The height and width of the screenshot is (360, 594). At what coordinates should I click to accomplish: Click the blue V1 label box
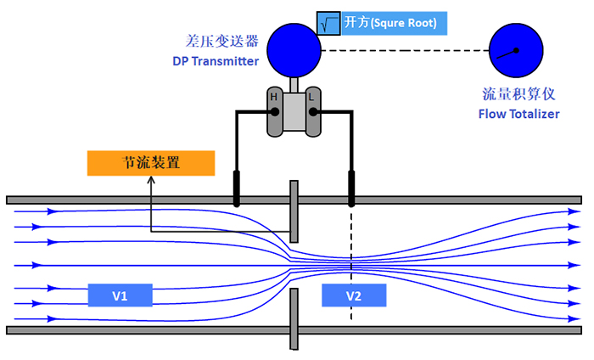120,295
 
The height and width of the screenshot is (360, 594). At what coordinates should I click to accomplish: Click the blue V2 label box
354,295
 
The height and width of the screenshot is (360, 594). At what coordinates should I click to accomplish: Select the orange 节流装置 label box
151,162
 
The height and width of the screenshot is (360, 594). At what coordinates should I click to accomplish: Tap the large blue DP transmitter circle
294,50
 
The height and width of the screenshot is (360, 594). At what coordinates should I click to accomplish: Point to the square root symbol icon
328,23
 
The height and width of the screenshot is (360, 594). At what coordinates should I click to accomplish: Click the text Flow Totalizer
518,113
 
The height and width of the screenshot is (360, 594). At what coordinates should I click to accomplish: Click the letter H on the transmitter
273,98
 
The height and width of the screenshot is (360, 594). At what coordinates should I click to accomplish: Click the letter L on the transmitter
311,98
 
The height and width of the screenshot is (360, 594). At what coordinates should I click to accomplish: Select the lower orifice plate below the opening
294,318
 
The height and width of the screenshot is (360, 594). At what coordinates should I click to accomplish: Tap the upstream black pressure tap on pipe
237,188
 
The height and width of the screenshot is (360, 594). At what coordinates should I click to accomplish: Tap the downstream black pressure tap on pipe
351,188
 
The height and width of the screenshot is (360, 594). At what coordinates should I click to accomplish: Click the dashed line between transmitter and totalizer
406,50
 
